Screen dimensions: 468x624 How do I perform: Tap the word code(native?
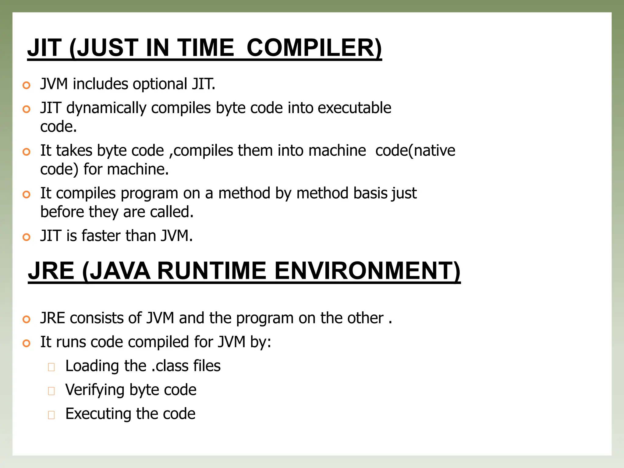click(x=415, y=151)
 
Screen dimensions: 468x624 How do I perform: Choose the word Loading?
click(x=92, y=366)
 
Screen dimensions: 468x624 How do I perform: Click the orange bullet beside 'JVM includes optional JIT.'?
click(x=27, y=85)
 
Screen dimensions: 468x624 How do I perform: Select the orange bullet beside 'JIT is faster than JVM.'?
click(x=27, y=237)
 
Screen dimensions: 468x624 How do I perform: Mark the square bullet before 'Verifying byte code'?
click(x=51, y=391)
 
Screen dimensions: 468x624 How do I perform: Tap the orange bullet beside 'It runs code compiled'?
click(x=27, y=343)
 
